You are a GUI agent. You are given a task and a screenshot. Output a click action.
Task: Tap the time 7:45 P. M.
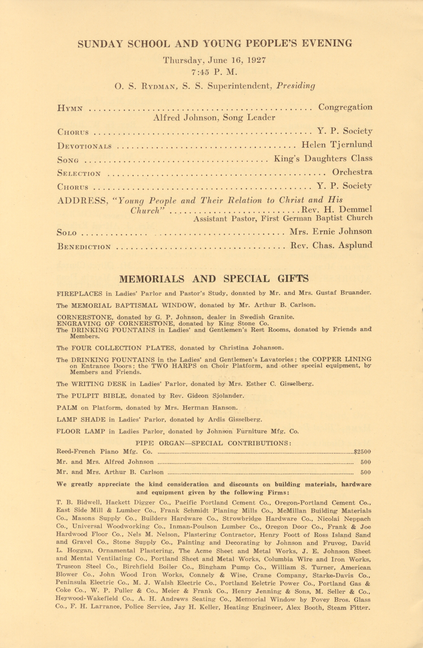pos(214,72)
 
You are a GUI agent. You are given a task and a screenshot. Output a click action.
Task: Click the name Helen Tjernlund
pos(337,145)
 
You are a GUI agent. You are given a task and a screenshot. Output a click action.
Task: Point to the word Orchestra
pos(352,172)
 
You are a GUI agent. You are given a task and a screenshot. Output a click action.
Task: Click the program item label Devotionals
pos(84,146)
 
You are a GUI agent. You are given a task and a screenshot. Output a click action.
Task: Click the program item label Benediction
pos(84,247)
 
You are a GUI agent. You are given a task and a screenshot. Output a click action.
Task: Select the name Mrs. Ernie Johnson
pos(331,232)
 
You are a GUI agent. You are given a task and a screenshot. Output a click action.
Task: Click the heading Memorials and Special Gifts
pos(214,279)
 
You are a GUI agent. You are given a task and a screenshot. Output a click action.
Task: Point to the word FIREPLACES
pos(79,293)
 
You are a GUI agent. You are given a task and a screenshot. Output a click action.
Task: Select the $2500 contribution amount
pos(362,452)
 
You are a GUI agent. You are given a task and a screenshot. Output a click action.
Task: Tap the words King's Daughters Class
pos(323,159)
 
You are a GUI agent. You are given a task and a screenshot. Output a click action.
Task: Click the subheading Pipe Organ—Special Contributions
pos(213,443)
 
